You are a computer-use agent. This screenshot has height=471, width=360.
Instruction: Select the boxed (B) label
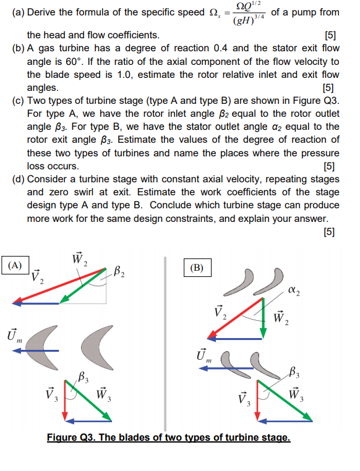pos(198,268)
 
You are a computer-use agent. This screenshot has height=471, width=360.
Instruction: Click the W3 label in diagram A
pos(103,394)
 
